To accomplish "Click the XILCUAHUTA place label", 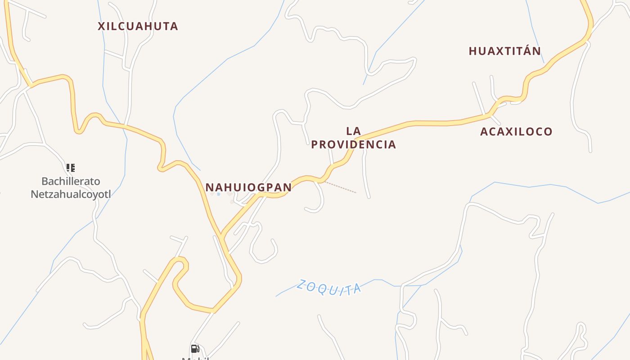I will pyautogui.click(x=138, y=26).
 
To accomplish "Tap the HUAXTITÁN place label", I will pyautogui.click(x=504, y=51).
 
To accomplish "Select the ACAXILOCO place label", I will pyautogui.click(x=516, y=132).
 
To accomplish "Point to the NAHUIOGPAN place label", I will pyautogui.click(x=248, y=187).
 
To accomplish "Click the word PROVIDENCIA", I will pyautogui.click(x=353, y=144).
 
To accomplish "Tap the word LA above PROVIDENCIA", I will pyautogui.click(x=354, y=131).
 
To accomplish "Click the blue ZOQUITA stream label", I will pyautogui.click(x=329, y=288).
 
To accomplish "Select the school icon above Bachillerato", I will pyautogui.click(x=71, y=168).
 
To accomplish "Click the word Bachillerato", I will pyautogui.click(x=71, y=181).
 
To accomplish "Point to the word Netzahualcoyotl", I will pyautogui.click(x=71, y=194).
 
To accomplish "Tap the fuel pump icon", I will pyautogui.click(x=195, y=349).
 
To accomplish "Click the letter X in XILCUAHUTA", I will pyautogui.click(x=102, y=26).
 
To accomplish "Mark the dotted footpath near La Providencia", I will pyautogui.click(x=340, y=187).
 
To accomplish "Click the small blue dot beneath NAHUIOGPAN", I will pyautogui.click(x=219, y=194).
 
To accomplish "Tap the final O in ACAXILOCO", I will pyautogui.click(x=548, y=132).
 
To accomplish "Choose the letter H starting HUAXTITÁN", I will pyautogui.click(x=472, y=51).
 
